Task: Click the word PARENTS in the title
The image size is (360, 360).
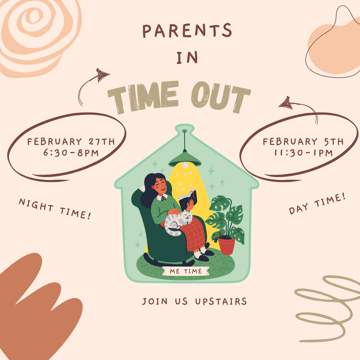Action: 187,31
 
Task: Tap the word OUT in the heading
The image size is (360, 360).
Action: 220,98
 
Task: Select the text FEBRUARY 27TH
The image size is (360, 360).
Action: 71,142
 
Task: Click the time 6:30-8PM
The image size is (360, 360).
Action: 72,153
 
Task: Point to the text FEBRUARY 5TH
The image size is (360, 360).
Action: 303,142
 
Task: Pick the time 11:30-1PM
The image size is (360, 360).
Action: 303,153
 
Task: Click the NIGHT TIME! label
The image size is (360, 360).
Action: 55,209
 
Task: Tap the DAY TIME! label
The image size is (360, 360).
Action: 317,205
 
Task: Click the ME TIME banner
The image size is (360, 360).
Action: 186,271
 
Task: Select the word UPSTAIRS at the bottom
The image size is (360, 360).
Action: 221,301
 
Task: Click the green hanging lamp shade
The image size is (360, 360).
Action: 185,160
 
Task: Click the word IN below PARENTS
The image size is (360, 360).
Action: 187,57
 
